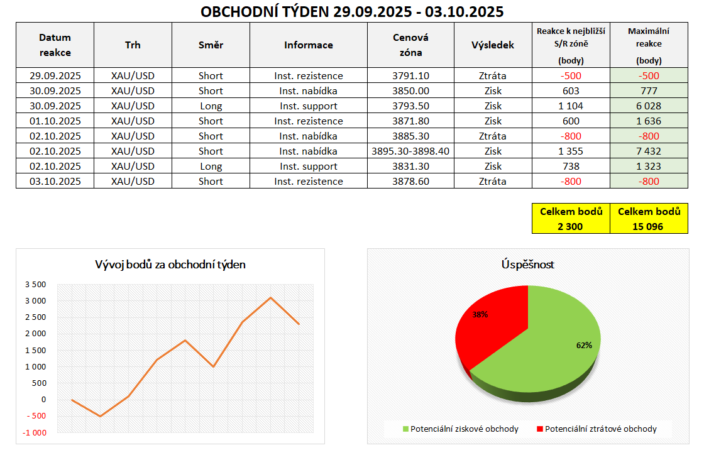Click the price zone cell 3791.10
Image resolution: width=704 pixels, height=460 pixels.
pyautogui.click(x=410, y=76)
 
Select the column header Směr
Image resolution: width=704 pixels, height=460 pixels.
pyautogui.click(x=211, y=45)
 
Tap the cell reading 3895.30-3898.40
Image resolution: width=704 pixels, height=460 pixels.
pyautogui.click(x=410, y=151)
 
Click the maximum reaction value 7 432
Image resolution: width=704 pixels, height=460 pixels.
pyautogui.click(x=648, y=151)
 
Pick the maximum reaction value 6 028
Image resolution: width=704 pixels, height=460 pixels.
pyautogui.click(x=648, y=106)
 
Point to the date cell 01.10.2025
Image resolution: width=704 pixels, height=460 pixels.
pyautogui.click(x=55, y=121)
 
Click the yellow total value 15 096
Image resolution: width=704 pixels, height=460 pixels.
pyautogui.click(x=648, y=226)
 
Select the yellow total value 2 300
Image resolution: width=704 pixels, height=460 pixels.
pyautogui.click(x=570, y=226)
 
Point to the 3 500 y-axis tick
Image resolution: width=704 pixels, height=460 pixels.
pyautogui.click(x=35, y=285)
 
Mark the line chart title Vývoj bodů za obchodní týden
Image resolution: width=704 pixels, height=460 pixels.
pyautogui.click(x=170, y=265)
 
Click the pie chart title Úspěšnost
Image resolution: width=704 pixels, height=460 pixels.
pyautogui.click(x=527, y=265)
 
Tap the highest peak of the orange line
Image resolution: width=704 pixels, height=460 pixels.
pyautogui.click(x=271, y=297)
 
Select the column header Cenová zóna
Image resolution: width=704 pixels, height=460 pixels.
pyautogui.click(x=410, y=45)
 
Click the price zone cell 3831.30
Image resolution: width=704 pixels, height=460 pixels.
pyautogui.click(x=410, y=167)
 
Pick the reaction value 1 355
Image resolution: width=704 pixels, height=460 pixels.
pyautogui.click(x=570, y=151)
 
